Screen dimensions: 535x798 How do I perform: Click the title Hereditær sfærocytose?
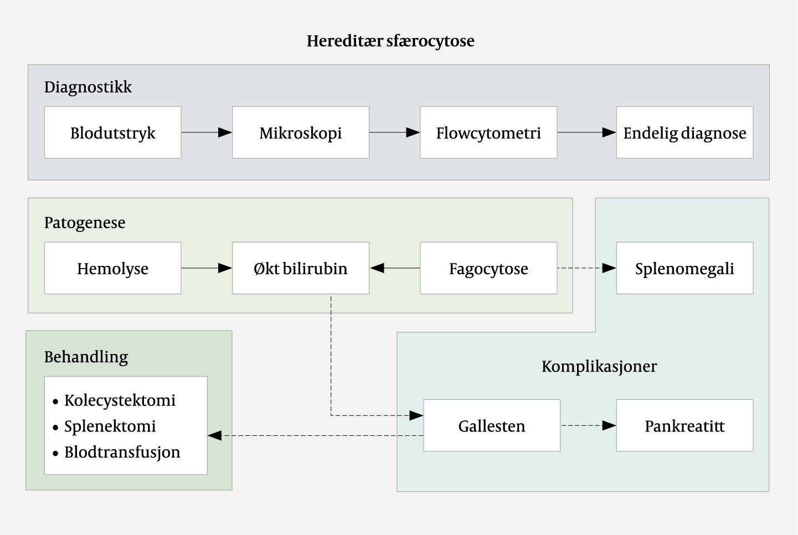coord(390,41)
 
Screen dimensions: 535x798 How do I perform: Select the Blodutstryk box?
coord(112,133)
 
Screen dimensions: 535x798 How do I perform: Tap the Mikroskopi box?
coord(300,133)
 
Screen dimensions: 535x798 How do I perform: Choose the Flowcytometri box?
coord(488,133)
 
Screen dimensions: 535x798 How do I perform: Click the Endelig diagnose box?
coord(684,133)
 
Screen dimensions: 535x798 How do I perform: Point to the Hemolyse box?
coord(112,269)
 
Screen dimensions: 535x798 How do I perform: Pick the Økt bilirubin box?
coord(300,269)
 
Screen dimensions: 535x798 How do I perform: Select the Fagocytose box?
coord(488,269)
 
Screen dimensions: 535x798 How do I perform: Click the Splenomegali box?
coord(684,269)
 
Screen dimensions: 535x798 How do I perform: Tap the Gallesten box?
coord(492,426)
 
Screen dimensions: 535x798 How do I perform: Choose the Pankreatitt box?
coord(684,426)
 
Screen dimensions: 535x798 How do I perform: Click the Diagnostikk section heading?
coord(88,87)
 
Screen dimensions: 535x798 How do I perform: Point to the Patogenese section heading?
coord(85,223)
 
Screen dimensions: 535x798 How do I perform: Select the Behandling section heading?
coord(86,357)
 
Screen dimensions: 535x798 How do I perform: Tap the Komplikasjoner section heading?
coord(599,366)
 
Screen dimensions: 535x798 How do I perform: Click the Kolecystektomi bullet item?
coord(120,400)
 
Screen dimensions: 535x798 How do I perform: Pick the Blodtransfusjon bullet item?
coord(122,452)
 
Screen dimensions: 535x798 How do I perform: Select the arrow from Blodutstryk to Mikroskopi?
coord(207,132)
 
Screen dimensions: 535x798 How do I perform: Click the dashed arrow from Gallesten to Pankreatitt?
coord(588,425)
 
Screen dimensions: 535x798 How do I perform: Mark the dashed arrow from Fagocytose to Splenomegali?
coord(586,268)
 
